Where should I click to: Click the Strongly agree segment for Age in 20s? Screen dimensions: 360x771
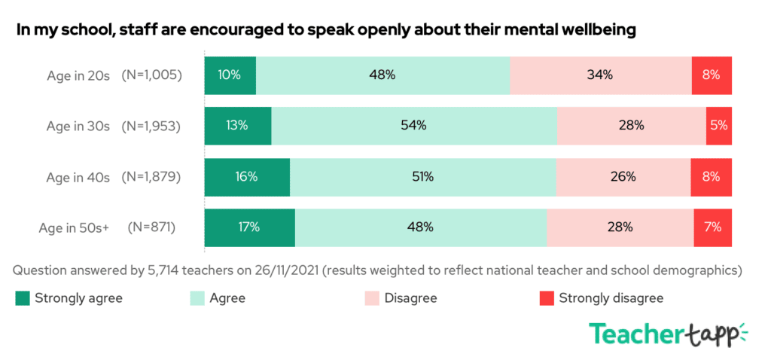tap(230, 75)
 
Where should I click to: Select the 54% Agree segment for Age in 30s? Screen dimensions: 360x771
tap(414, 126)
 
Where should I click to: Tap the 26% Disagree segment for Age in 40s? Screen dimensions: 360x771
tap(623, 177)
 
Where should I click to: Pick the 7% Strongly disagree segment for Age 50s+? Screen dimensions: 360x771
tap(712, 227)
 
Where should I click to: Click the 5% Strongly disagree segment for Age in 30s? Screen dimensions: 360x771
tap(718, 126)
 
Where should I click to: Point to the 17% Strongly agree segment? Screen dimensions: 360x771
tap(249, 227)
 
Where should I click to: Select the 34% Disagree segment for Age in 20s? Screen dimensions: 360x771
tap(600, 75)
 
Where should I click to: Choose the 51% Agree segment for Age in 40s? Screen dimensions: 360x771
tap(422, 177)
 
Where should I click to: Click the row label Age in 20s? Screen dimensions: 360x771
tap(78, 75)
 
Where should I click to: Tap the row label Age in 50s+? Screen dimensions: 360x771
tap(74, 227)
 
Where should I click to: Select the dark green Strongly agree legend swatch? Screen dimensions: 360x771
tap(22, 299)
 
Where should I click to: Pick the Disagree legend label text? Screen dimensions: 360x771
tap(410, 298)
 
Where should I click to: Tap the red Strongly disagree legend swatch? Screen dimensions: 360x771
tap(546, 299)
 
